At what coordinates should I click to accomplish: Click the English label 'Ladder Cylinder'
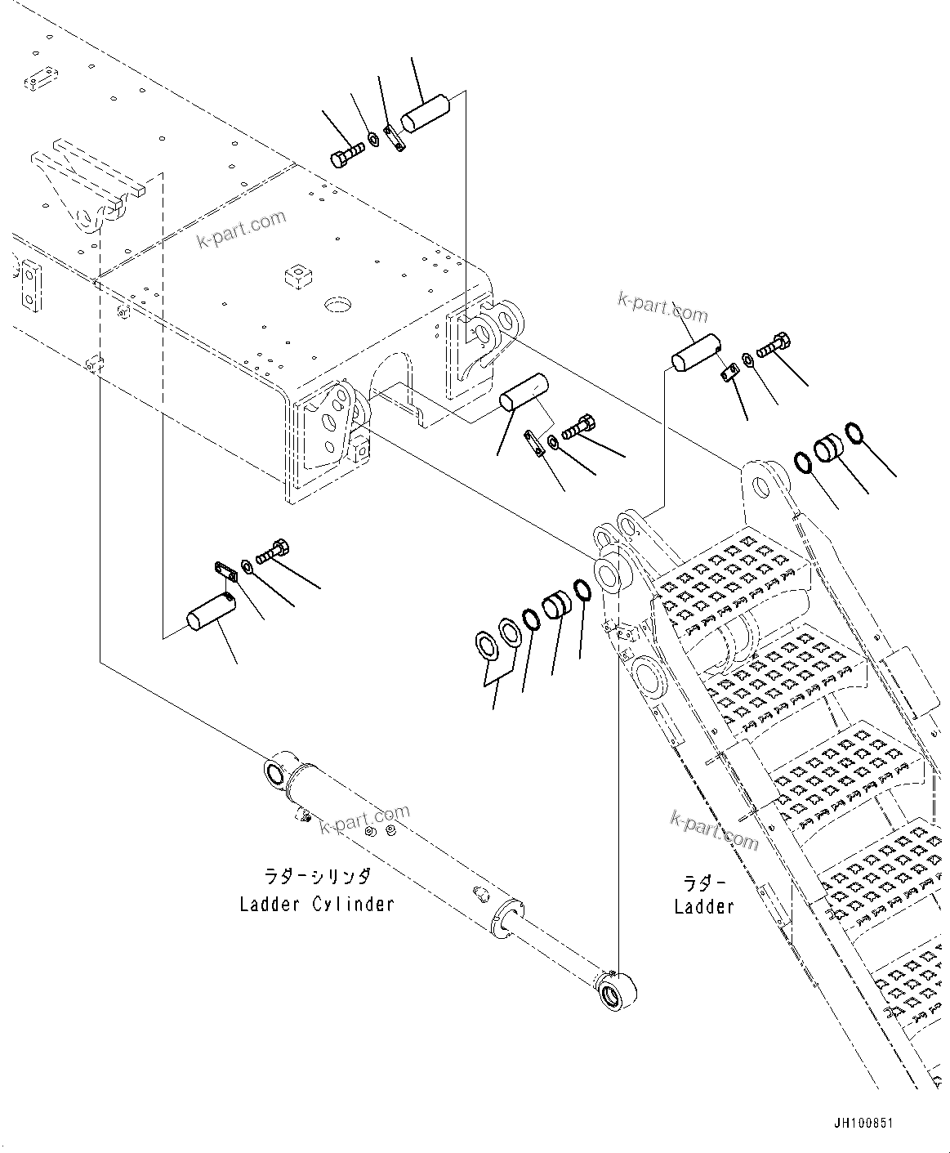[x=316, y=905]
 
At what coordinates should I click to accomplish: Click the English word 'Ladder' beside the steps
[x=703, y=906]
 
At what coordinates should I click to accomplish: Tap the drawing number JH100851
[x=863, y=1124]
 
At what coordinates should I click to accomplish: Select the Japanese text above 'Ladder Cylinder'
[x=316, y=877]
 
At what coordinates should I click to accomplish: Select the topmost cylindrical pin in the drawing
[x=425, y=113]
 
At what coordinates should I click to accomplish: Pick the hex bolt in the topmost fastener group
[x=346, y=155]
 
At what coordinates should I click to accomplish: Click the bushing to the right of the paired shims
[x=557, y=606]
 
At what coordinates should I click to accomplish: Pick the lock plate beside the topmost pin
[x=395, y=137]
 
